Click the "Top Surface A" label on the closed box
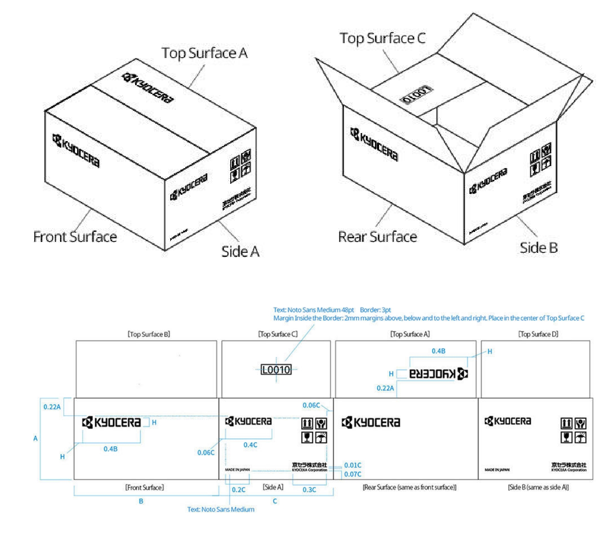(x=204, y=53)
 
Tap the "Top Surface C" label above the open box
(x=382, y=38)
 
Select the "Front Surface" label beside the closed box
(x=75, y=237)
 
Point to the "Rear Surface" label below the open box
(x=377, y=237)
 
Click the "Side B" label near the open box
(x=539, y=248)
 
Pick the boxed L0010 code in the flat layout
(x=276, y=370)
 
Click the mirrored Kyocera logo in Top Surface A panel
(x=439, y=374)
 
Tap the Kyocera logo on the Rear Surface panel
(x=371, y=423)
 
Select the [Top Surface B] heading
(x=149, y=334)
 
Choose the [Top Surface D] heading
(x=538, y=334)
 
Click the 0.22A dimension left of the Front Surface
(x=52, y=407)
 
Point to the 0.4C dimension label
(x=250, y=445)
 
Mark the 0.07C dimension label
(x=352, y=474)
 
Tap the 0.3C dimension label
(x=309, y=490)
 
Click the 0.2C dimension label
(x=238, y=490)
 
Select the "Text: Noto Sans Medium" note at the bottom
(x=221, y=510)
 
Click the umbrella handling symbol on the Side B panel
(x=581, y=437)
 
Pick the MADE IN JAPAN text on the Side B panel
(x=497, y=470)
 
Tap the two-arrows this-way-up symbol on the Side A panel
(x=307, y=423)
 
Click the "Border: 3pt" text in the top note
(x=375, y=310)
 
